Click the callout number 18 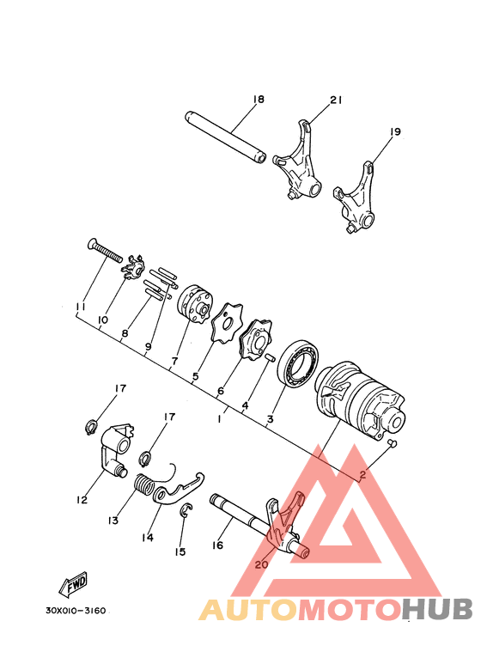pyautogui.click(x=259, y=100)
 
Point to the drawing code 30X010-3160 pyautogui.click(x=76, y=611)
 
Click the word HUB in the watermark pyautogui.click(x=437, y=609)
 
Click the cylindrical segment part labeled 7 pyautogui.click(x=194, y=308)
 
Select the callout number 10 pyautogui.click(x=102, y=320)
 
